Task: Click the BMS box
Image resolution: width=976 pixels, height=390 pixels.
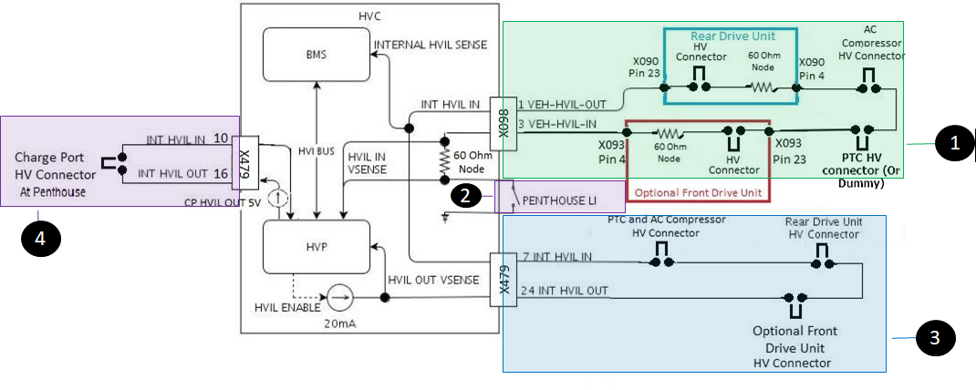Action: coord(316,54)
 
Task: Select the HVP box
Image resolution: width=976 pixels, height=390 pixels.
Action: coord(316,247)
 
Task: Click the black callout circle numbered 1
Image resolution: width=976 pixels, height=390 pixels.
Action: coord(954,143)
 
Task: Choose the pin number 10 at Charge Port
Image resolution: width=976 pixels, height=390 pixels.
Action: coord(221,139)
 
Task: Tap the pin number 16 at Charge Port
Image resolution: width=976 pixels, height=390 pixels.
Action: coord(221,171)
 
